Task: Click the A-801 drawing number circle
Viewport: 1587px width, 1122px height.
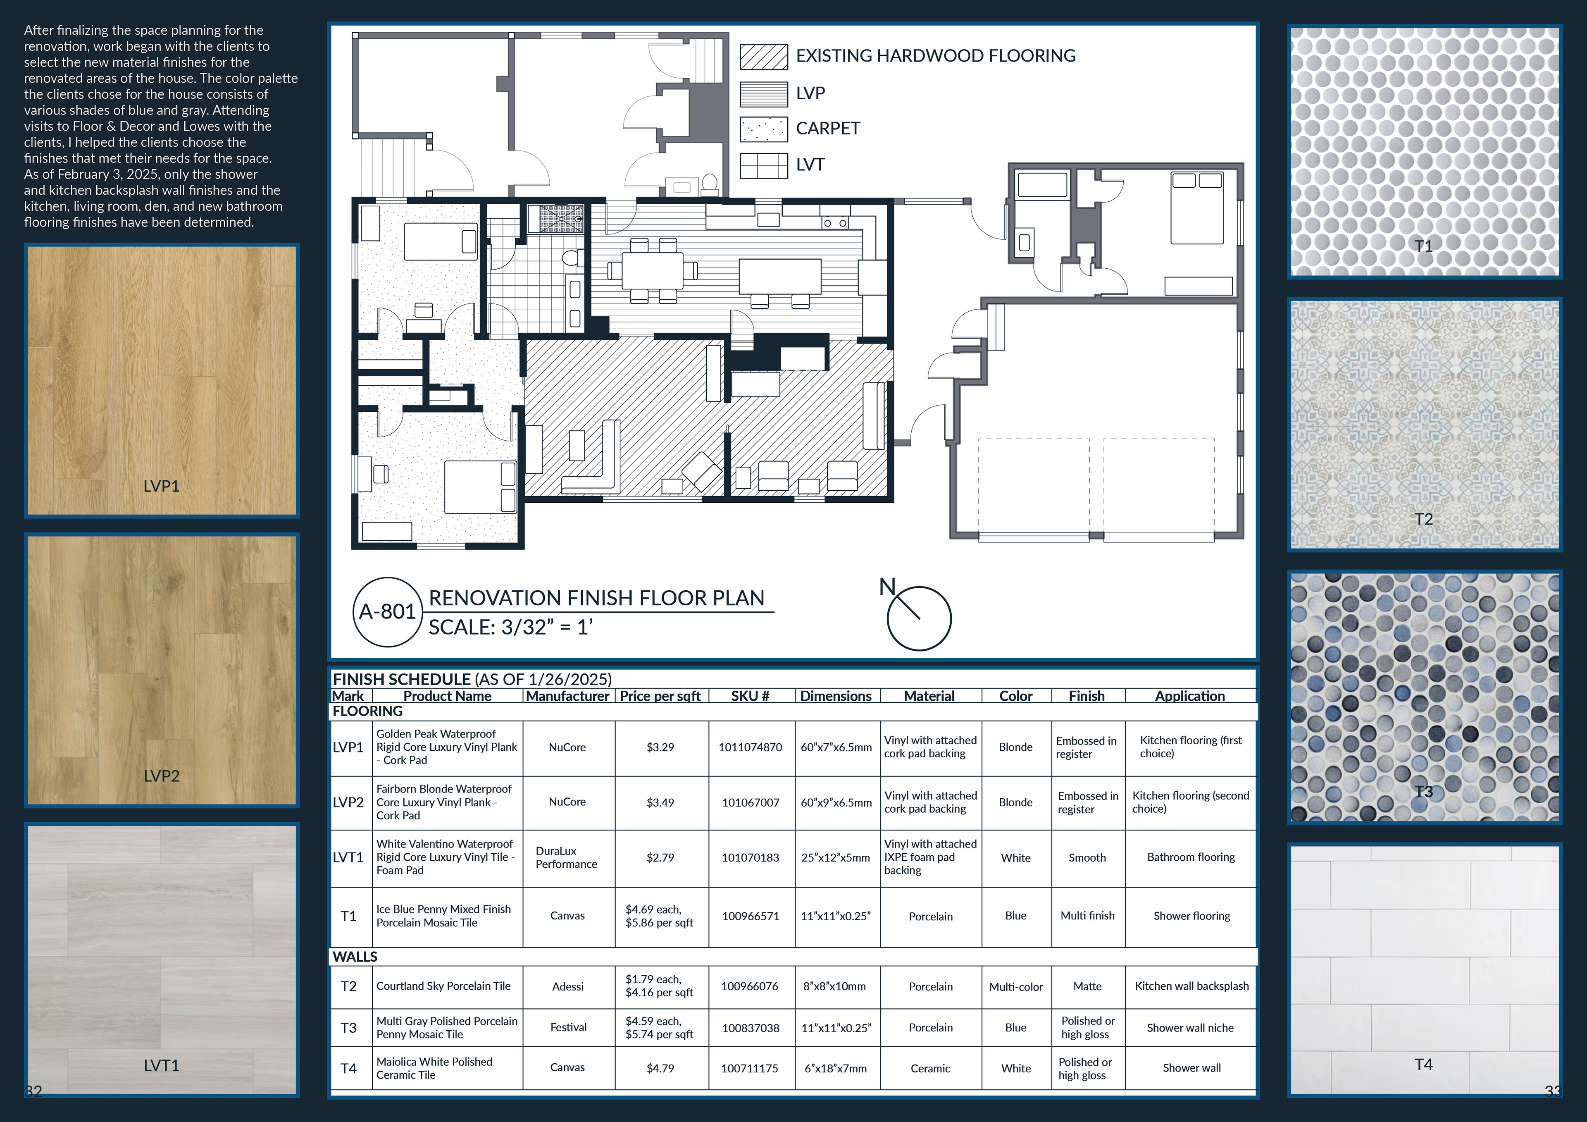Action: [x=388, y=612]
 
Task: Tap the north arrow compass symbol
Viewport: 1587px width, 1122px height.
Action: [x=919, y=617]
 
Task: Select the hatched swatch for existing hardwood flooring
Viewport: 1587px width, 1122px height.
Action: [x=764, y=57]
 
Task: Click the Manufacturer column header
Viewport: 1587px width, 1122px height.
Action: [x=567, y=696]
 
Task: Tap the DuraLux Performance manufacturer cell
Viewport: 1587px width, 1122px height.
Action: [x=566, y=858]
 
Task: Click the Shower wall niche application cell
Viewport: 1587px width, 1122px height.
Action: [x=1190, y=1028]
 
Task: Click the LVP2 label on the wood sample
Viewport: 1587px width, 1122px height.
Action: [x=162, y=776]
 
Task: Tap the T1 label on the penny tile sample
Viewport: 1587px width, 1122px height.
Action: [x=1423, y=246]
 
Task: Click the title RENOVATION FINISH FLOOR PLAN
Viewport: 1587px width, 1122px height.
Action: [x=596, y=598]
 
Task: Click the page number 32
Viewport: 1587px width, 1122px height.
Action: [x=34, y=1091]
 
